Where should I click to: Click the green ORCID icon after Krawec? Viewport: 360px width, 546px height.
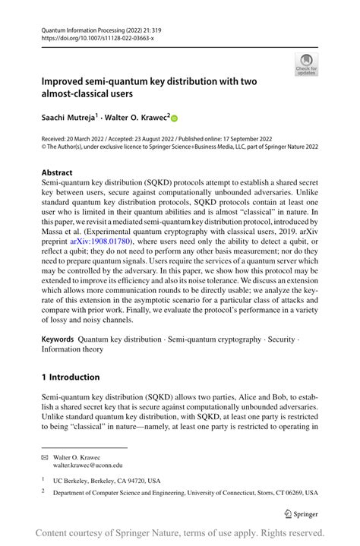pos(173,118)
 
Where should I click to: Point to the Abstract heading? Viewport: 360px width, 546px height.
pos(57,172)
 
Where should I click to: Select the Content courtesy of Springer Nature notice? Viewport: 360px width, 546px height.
pos(180,532)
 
